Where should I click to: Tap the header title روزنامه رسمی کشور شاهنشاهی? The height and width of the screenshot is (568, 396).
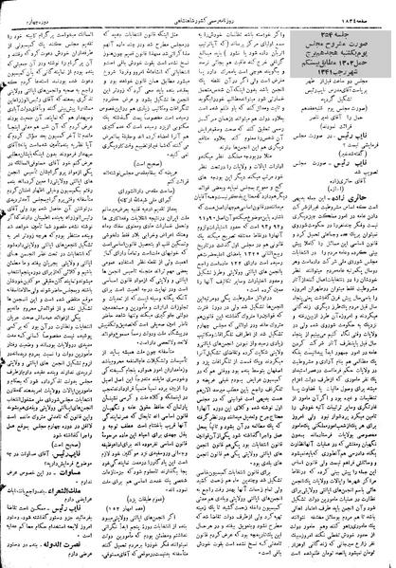[x=198, y=7]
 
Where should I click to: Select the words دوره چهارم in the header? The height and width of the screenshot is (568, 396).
[x=28, y=7]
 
